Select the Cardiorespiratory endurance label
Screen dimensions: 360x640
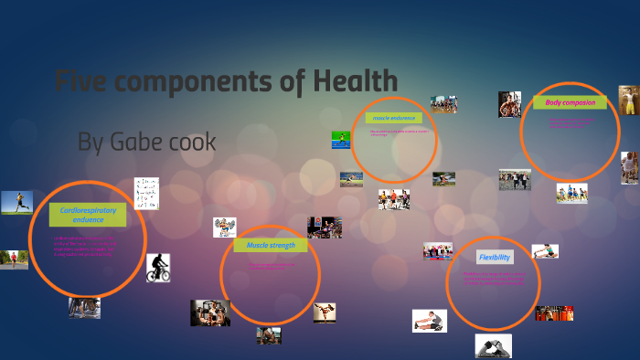pyautogui.click(x=88, y=215)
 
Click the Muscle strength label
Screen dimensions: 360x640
pyautogui.click(x=270, y=245)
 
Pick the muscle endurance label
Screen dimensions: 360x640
pyautogui.click(x=394, y=118)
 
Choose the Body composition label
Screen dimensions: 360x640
pyautogui.click(x=570, y=102)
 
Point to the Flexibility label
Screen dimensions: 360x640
pyautogui.click(x=495, y=258)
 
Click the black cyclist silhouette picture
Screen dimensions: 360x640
pyautogui.click(x=158, y=268)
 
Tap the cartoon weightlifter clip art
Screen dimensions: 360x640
pyautogui.click(x=225, y=227)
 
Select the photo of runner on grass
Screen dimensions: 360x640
pyautogui.click(x=16, y=202)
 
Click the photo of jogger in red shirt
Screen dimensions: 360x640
pyautogui.click(x=14, y=259)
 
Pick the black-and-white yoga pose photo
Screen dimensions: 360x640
pyautogui.click(x=493, y=345)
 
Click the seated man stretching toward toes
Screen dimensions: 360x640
pyautogui.click(x=430, y=321)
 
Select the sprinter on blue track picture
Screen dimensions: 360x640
pyautogui.click(x=340, y=140)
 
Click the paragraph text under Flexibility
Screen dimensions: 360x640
pyautogui.click(x=494, y=279)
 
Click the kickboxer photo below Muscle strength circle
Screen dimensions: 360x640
pyautogui.click(x=325, y=312)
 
